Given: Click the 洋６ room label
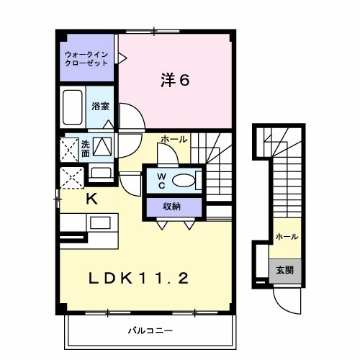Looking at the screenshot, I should click(174, 80).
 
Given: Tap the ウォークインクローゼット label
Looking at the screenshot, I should click(87, 58).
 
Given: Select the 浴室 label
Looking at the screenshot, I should click(100, 107).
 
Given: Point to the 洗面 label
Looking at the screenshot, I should click(86, 148).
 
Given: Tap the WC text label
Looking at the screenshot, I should click(161, 181).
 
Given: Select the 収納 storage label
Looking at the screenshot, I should click(171, 207).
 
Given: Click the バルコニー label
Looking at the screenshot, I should click(150, 331).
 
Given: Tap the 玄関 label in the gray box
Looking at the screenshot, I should click(286, 271).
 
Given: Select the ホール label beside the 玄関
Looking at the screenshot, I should click(286, 236).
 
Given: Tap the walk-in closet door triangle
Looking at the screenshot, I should click(122, 54).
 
